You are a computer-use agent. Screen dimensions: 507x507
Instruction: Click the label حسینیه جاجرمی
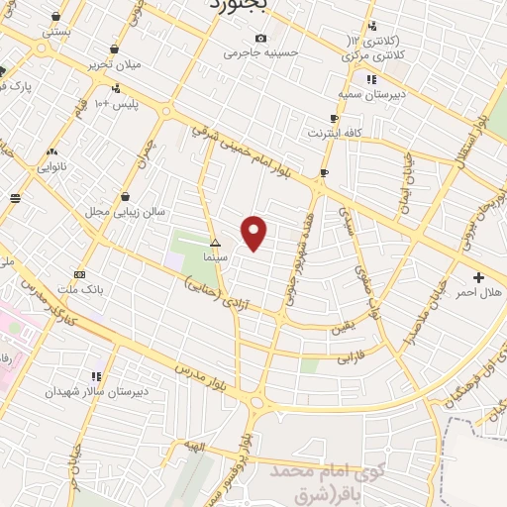pyautogui.click(x=260, y=52)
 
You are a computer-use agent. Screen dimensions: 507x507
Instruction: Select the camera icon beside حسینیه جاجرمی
pyautogui.click(x=260, y=38)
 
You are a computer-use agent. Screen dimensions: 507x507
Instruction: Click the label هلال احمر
pyautogui.click(x=480, y=293)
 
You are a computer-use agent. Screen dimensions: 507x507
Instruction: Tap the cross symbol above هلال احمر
pyautogui.click(x=480, y=277)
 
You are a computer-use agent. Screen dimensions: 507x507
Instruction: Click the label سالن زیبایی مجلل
pyautogui.click(x=125, y=211)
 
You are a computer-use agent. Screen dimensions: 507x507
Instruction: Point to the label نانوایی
pyautogui.click(x=51, y=166)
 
